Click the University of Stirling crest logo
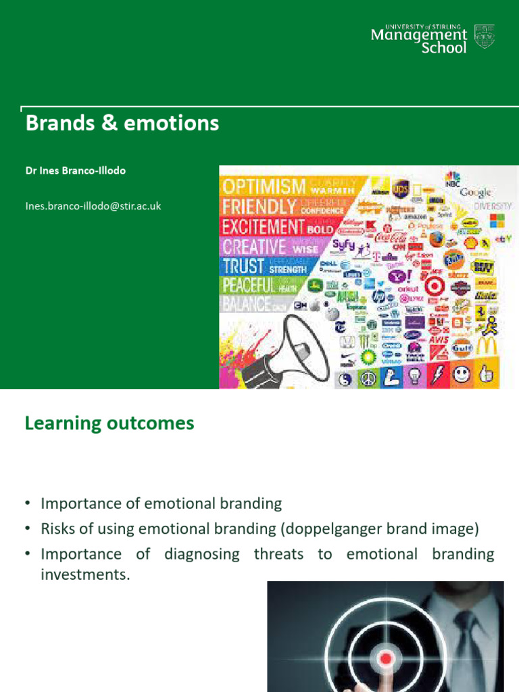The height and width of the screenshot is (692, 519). coord(485,36)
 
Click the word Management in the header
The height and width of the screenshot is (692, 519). coord(419,34)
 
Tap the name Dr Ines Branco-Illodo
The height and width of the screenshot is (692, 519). coord(76,170)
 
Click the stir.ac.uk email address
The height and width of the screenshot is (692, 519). coord(93,206)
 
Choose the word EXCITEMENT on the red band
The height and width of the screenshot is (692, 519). coord(264,226)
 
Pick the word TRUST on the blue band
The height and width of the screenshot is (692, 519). coord(245,266)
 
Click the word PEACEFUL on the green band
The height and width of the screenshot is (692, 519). coord(249,286)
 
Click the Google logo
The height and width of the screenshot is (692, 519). coord(476,193)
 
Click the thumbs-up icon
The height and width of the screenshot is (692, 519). coord(485,374)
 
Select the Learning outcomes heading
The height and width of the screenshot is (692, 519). coord(109,424)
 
